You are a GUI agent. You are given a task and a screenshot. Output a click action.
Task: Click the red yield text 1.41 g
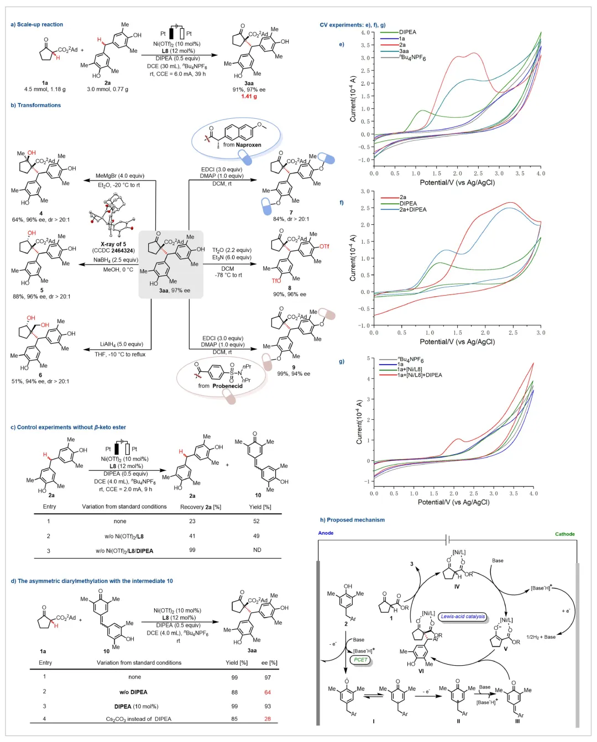click(x=249, y=96)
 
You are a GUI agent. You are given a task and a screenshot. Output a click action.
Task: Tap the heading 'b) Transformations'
click(x=36, y=105)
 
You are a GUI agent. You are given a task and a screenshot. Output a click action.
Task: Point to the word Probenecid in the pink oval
click(x=227, y=386)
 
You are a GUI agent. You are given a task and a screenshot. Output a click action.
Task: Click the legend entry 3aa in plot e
click(x=404, y=51)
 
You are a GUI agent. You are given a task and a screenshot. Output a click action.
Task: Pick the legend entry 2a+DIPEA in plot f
click(x=412, y=209)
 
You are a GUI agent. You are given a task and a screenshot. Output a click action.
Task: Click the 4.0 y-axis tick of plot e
click(x=365, y=33)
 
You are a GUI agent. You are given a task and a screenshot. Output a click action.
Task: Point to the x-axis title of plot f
click(x=457, y=341)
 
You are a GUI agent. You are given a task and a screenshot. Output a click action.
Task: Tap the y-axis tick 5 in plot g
click(x=368, y=359)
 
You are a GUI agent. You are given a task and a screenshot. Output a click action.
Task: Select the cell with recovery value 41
click(x=192, y=536)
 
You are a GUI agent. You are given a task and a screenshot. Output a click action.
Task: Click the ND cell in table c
click(x=257, y=550)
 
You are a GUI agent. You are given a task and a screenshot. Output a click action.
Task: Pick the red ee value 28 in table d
click(x=268, y=719)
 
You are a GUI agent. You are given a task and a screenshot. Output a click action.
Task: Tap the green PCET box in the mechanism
click(x=360, y=660)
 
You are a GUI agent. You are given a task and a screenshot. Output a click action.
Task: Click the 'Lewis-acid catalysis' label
click(x=463, y=616)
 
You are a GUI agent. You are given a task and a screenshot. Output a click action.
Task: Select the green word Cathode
click(x=565, y=534)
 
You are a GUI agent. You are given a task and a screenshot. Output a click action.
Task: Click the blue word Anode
click(x=326, y=533)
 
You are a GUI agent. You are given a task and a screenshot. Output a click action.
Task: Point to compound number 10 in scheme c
click(x=258, y=495)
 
